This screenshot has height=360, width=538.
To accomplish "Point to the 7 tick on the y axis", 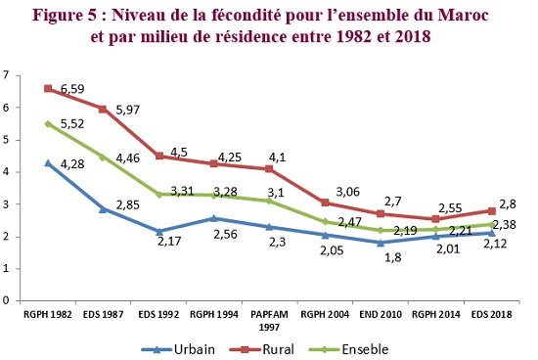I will [x=7, y=75].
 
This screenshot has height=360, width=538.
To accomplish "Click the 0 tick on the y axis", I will [x=7, y=301].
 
